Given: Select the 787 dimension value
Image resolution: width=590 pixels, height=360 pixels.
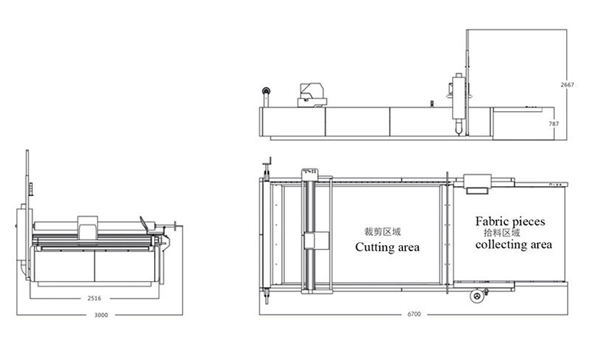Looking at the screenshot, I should (x=569, y=123).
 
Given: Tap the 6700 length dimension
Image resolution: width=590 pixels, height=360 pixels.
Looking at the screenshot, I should (x=415, y=315).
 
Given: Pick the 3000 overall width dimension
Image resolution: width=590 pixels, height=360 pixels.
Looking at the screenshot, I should (x=100, y=315).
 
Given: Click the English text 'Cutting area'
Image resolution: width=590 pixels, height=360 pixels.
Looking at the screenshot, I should (x=387, y=247).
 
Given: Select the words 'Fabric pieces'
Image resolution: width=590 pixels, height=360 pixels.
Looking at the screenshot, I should (x=510, y=221).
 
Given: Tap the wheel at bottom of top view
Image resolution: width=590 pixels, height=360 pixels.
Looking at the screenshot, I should (x=476, y=296).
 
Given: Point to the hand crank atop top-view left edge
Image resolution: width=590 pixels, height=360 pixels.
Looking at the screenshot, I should (x=267, y=164).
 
